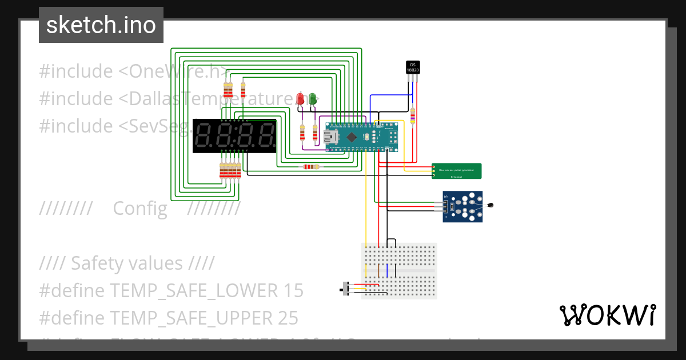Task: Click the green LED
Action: [312, 99]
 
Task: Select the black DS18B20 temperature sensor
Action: [413, 67]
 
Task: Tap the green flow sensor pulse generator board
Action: [456, 171]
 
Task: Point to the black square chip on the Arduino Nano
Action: [352, 137]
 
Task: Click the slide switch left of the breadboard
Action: [345, 289]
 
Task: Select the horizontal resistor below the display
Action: [310, 167]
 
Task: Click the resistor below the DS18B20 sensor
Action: [413, 116]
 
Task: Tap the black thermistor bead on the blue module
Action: [490, 205]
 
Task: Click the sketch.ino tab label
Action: [101, 25]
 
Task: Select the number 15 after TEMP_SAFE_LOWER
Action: [293, 290]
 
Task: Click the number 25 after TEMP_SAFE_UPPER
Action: [288, 317]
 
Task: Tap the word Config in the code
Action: [140, 209]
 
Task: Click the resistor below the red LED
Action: [302, 133]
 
